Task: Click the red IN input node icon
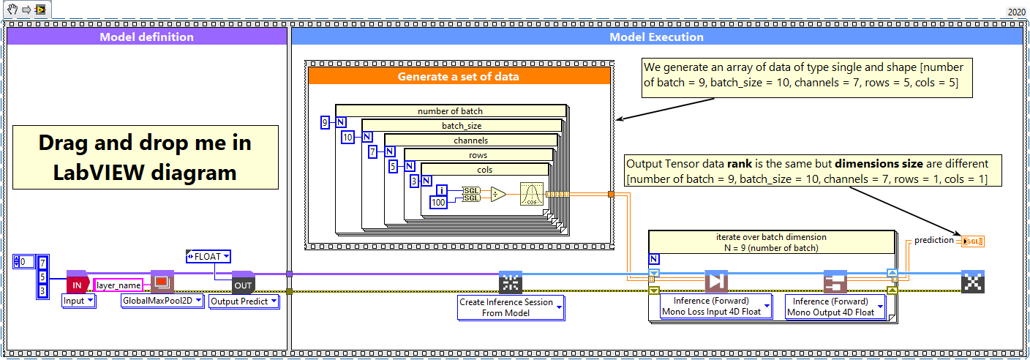pos(77,282)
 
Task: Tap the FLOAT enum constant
pos(208,256)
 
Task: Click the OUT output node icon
pos(242,282)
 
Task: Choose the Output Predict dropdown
pos(244,301)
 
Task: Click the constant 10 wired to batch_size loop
pos(348,137)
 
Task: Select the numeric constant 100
pos(438,202)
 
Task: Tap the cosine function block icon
pos(532,195)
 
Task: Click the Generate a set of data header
pos(459,76)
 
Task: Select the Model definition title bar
pos(146,37)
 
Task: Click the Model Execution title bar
pos(656,37)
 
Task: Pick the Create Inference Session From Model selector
pos(511,307)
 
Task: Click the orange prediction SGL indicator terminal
pos(972,241)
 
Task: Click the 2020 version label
pos(1016,12)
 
